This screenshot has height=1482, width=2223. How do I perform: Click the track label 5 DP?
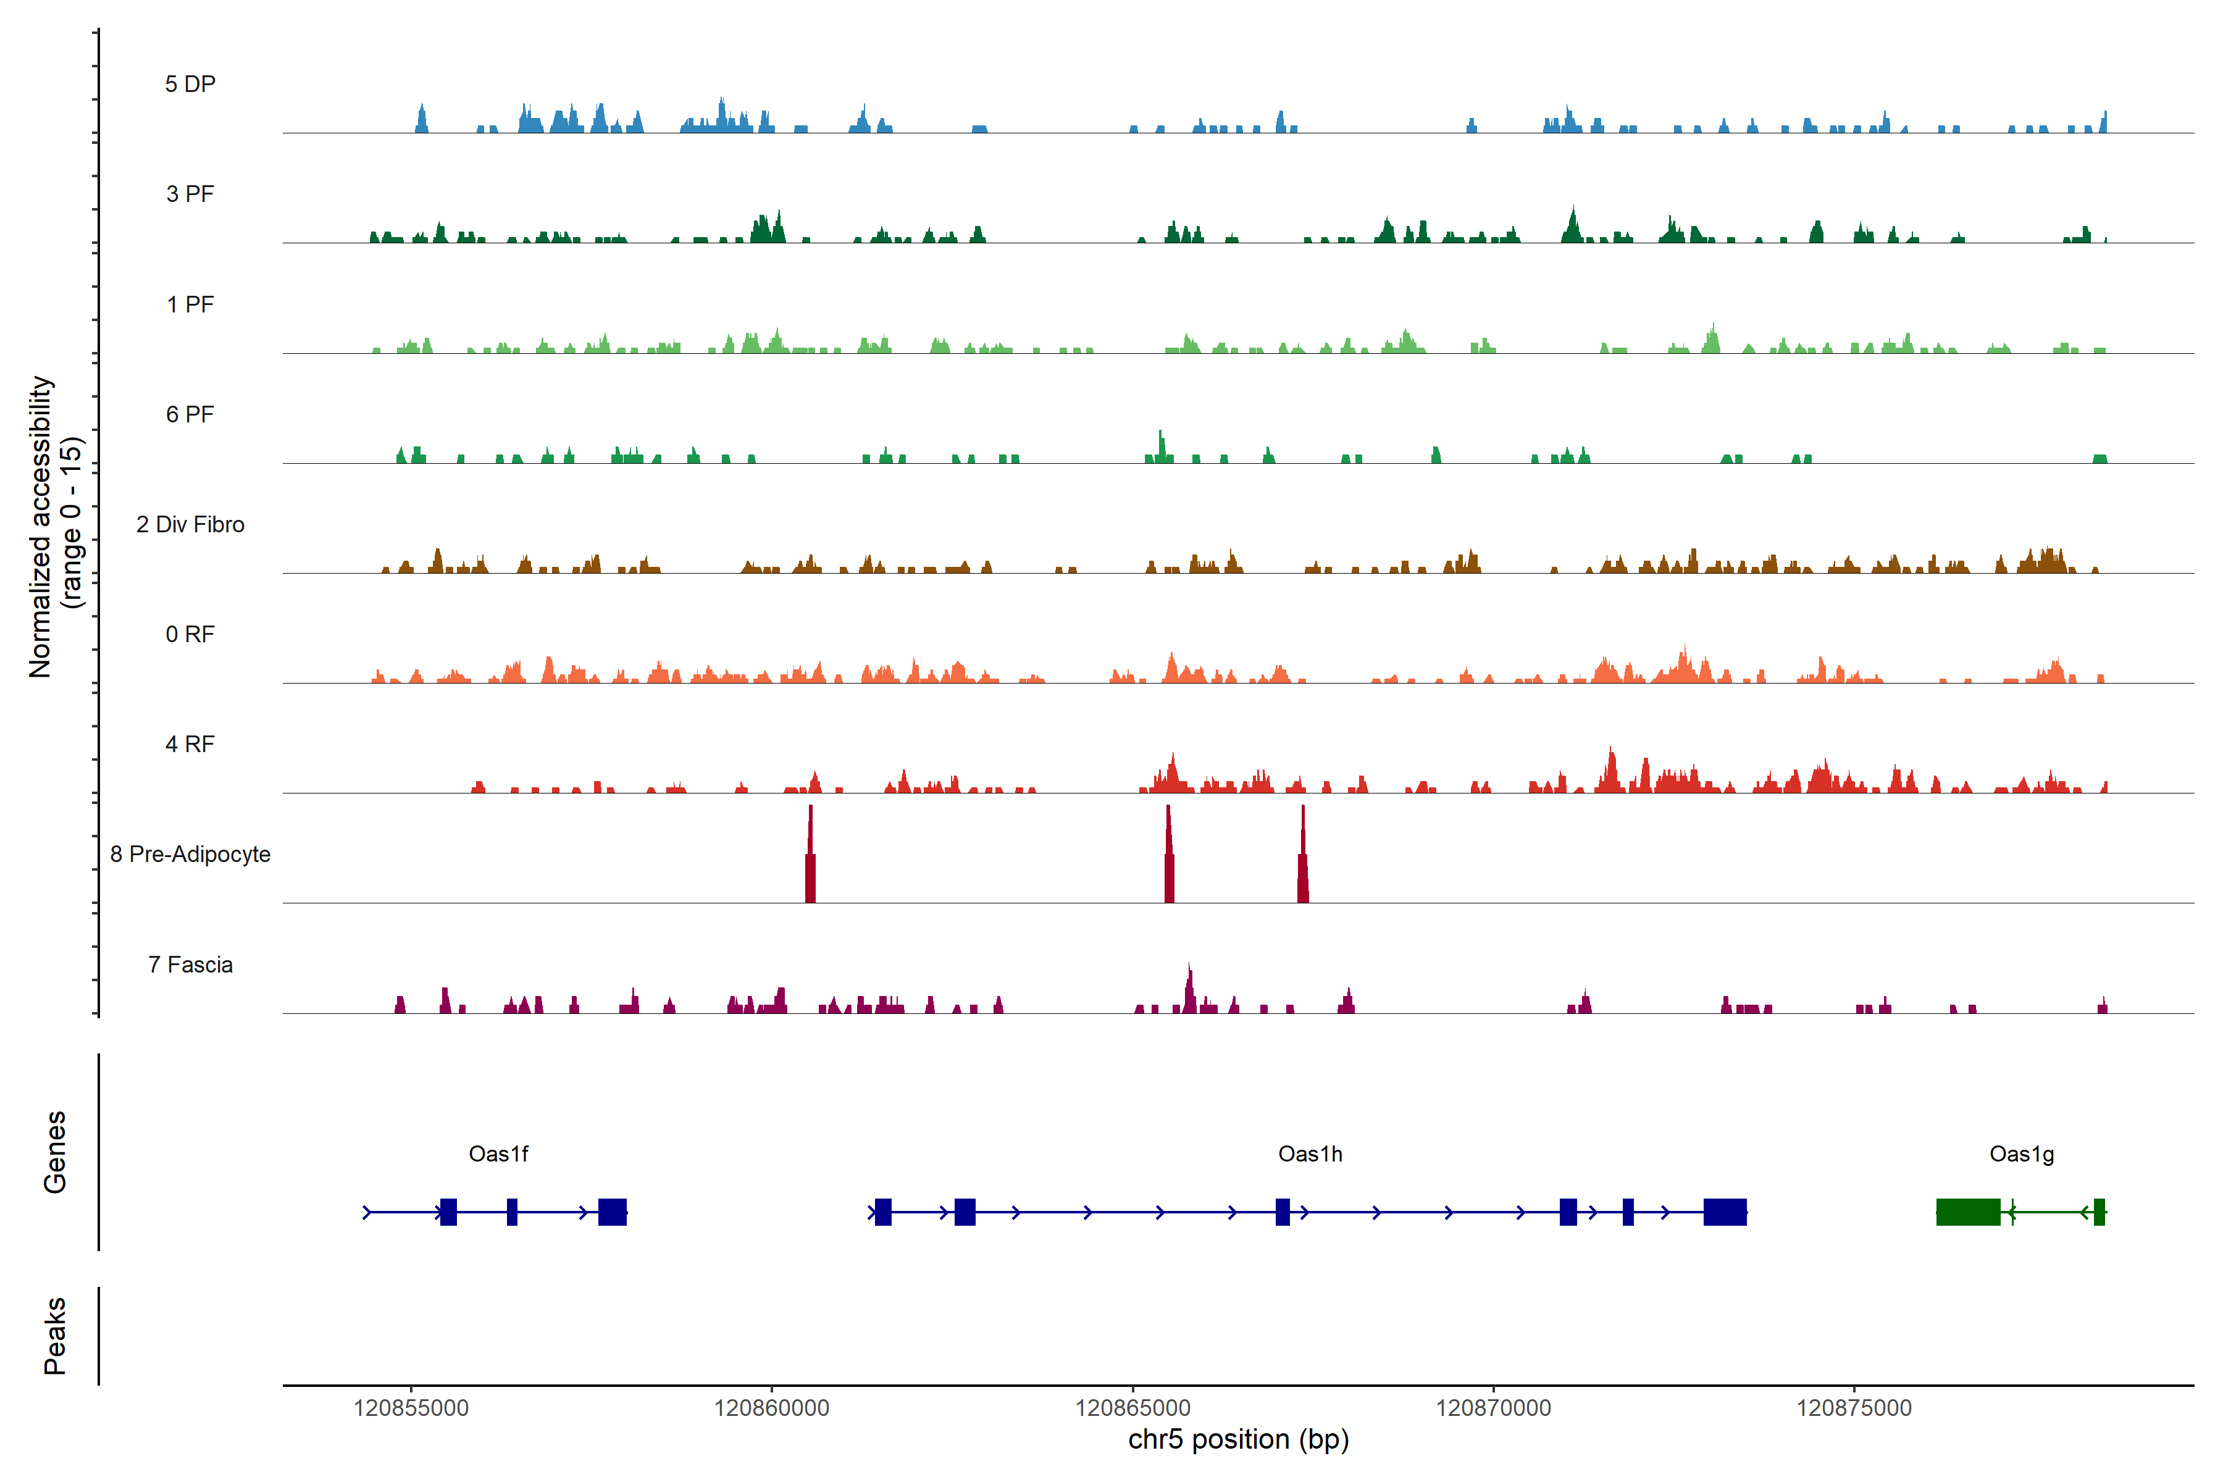coord(190,84)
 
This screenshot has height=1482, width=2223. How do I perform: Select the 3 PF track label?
coord(190,194)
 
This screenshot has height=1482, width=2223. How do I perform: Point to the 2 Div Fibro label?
coord(190,524)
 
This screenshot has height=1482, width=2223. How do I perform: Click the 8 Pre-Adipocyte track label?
coord(190,855)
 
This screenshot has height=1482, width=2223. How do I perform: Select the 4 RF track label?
coord(190,744)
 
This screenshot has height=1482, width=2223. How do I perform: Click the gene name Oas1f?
coord(498,1154)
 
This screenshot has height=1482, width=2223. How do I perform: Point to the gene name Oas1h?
coord(1310,1154)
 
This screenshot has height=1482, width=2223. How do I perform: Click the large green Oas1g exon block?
coord(1968,1212)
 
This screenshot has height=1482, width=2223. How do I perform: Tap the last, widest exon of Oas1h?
coord(1725,1212)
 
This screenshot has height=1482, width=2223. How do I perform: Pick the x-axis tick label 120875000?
coord(1854,1409)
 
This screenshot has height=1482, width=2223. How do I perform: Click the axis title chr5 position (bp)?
coord(1238,1439)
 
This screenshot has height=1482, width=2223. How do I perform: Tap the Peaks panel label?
coord(55,1336)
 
